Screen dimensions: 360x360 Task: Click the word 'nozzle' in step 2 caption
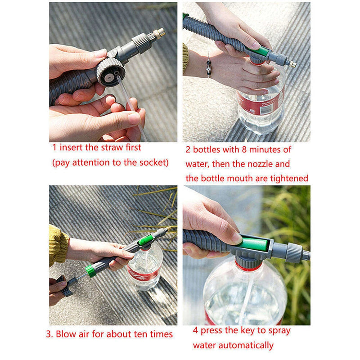point(256,164)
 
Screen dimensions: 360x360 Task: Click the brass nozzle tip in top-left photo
point(159,33)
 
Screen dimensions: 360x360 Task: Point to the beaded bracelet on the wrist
point(209,64)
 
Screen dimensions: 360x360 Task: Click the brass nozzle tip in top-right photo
point(292,64)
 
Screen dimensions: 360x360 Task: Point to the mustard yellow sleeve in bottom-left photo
point(58,245)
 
